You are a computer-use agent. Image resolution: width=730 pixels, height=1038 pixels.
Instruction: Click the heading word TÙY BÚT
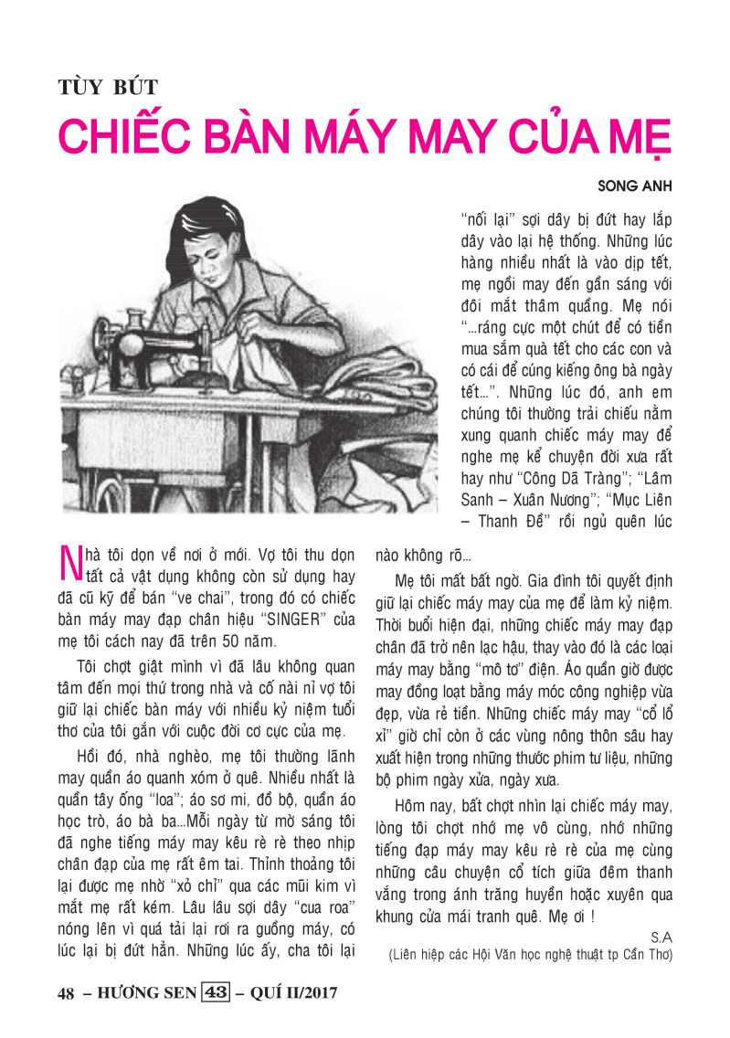pos(108,88)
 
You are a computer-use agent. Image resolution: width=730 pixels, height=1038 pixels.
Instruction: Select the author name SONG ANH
pos(635,185)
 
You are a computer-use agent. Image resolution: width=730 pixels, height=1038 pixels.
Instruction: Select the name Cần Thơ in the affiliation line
pos(642,955)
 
